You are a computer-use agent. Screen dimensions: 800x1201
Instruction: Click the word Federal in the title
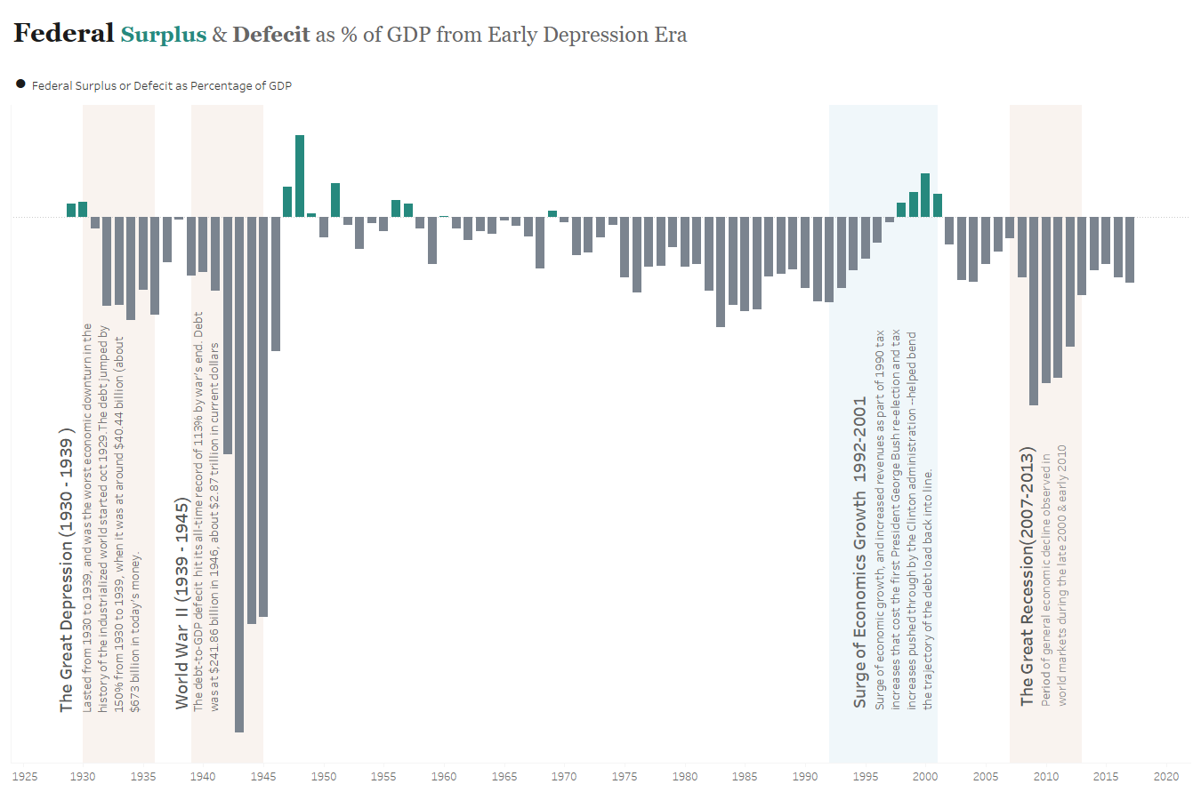63,34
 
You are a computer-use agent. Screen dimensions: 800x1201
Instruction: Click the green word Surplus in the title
164,35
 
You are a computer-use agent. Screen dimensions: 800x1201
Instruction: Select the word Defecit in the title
271,35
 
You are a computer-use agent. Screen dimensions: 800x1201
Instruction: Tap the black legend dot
20,84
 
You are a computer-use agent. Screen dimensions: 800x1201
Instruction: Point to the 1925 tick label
25,776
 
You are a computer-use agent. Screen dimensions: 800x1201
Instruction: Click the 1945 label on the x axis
263,776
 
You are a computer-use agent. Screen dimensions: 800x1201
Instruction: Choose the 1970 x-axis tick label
564,776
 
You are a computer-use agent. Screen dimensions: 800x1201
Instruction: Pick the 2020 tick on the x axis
1166,776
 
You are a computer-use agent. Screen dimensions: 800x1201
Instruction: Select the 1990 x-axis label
805,776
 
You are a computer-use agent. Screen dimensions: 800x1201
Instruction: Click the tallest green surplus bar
300,176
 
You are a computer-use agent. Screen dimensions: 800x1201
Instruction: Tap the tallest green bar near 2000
925,195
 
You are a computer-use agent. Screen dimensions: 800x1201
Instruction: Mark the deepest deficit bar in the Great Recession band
1034,310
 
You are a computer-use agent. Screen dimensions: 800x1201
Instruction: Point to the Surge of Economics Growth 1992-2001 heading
859,552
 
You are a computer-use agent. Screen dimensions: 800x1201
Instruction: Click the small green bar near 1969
552,213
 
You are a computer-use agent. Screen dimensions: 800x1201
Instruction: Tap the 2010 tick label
1046,776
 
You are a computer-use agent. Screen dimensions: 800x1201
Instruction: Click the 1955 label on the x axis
383,776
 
